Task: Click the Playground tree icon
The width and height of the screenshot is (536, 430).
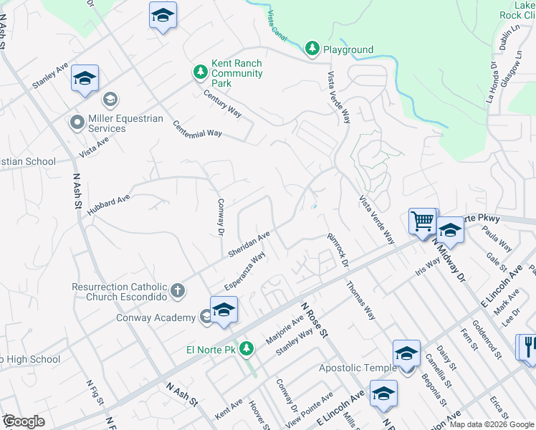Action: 312,49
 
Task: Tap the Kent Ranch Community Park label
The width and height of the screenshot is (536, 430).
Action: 237,73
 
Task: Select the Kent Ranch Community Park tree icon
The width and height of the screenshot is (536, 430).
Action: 201,72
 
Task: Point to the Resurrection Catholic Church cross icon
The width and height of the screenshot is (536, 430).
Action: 178,291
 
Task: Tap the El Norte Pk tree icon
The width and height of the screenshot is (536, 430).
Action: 247,348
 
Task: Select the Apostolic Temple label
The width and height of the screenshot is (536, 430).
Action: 358,368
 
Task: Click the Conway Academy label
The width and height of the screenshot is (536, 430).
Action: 155,317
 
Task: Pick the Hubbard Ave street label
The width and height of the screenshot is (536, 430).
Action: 109,205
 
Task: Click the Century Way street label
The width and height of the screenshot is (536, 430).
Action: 222,103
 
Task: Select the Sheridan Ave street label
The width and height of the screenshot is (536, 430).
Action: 249,244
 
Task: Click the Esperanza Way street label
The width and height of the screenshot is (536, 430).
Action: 245,271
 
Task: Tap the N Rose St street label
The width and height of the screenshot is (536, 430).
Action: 314,319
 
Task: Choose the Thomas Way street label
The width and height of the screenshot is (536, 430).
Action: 361,300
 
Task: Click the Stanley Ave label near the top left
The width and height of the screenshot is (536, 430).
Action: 49,75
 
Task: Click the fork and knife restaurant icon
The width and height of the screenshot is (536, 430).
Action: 528,347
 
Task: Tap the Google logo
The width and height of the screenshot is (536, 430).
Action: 24,421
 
